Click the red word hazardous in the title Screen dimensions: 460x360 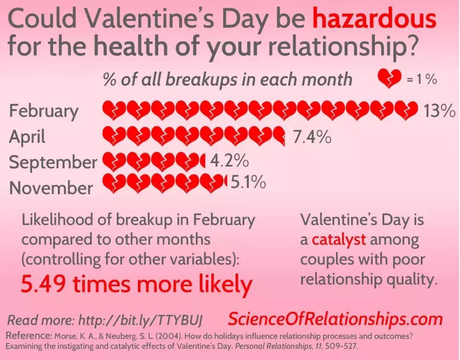pos(374,18)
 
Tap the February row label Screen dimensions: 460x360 pos(44,112)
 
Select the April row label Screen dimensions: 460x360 pos(27,137)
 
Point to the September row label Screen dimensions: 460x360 pos(53,162)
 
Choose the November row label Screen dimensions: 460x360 pos(51,188)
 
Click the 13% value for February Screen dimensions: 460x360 pos(439,110)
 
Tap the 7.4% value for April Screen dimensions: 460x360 pos(312,136)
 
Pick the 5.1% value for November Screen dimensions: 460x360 pos(248,182)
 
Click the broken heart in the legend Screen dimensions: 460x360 pos(389,78)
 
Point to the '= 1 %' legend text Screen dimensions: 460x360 pos(422,79)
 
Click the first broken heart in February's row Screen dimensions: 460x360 pos(114,110)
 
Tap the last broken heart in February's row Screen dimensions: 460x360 pos(406,110)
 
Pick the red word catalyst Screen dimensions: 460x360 pos(339,239)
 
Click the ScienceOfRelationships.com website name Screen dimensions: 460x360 pos(335,319)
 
